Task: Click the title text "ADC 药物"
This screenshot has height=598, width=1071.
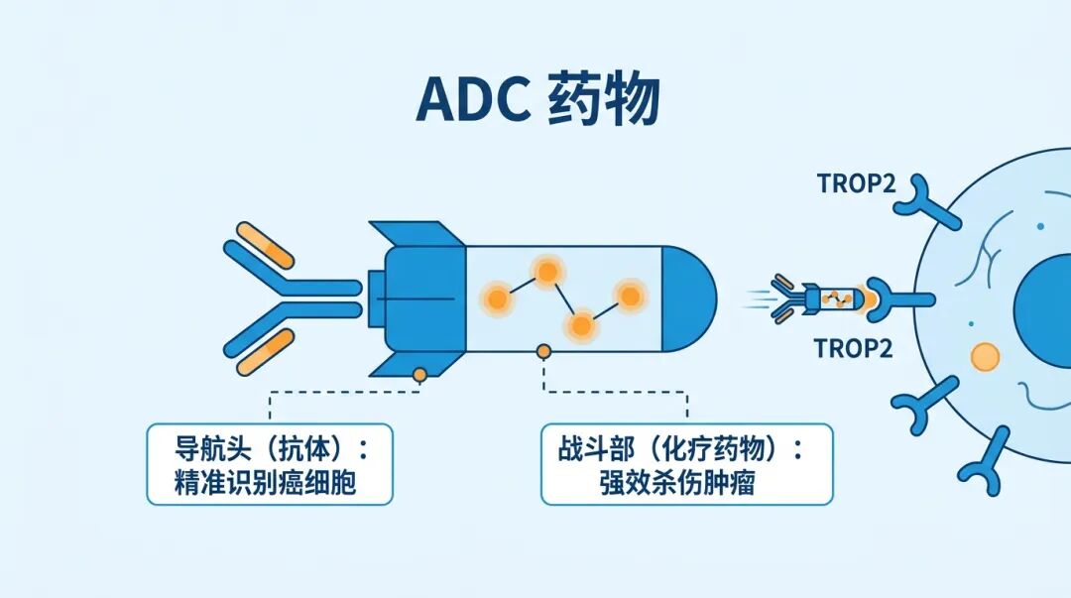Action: tap(536, 100)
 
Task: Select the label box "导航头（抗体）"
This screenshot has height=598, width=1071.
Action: tap(270, 463)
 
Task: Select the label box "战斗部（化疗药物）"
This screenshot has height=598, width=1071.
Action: tap(686, 463)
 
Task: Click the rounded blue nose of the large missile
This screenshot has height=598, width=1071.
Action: tap(690, 297)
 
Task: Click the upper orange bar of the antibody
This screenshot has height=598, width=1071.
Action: tap(266, 247)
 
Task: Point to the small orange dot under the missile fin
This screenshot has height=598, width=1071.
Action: tap(420, 374)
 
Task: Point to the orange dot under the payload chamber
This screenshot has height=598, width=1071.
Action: tap(543, 350)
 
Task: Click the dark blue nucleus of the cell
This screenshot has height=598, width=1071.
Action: tap(1046, 298)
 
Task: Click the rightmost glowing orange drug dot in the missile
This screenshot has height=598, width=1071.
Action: tap(629, 294)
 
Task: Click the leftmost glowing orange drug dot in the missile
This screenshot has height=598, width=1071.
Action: tap(495, 296)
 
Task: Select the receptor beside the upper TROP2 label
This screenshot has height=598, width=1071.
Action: tap(921, 197)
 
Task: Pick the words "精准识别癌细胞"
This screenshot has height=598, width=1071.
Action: tap(270, 485)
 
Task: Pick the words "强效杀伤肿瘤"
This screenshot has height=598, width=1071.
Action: tap(686, 485)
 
